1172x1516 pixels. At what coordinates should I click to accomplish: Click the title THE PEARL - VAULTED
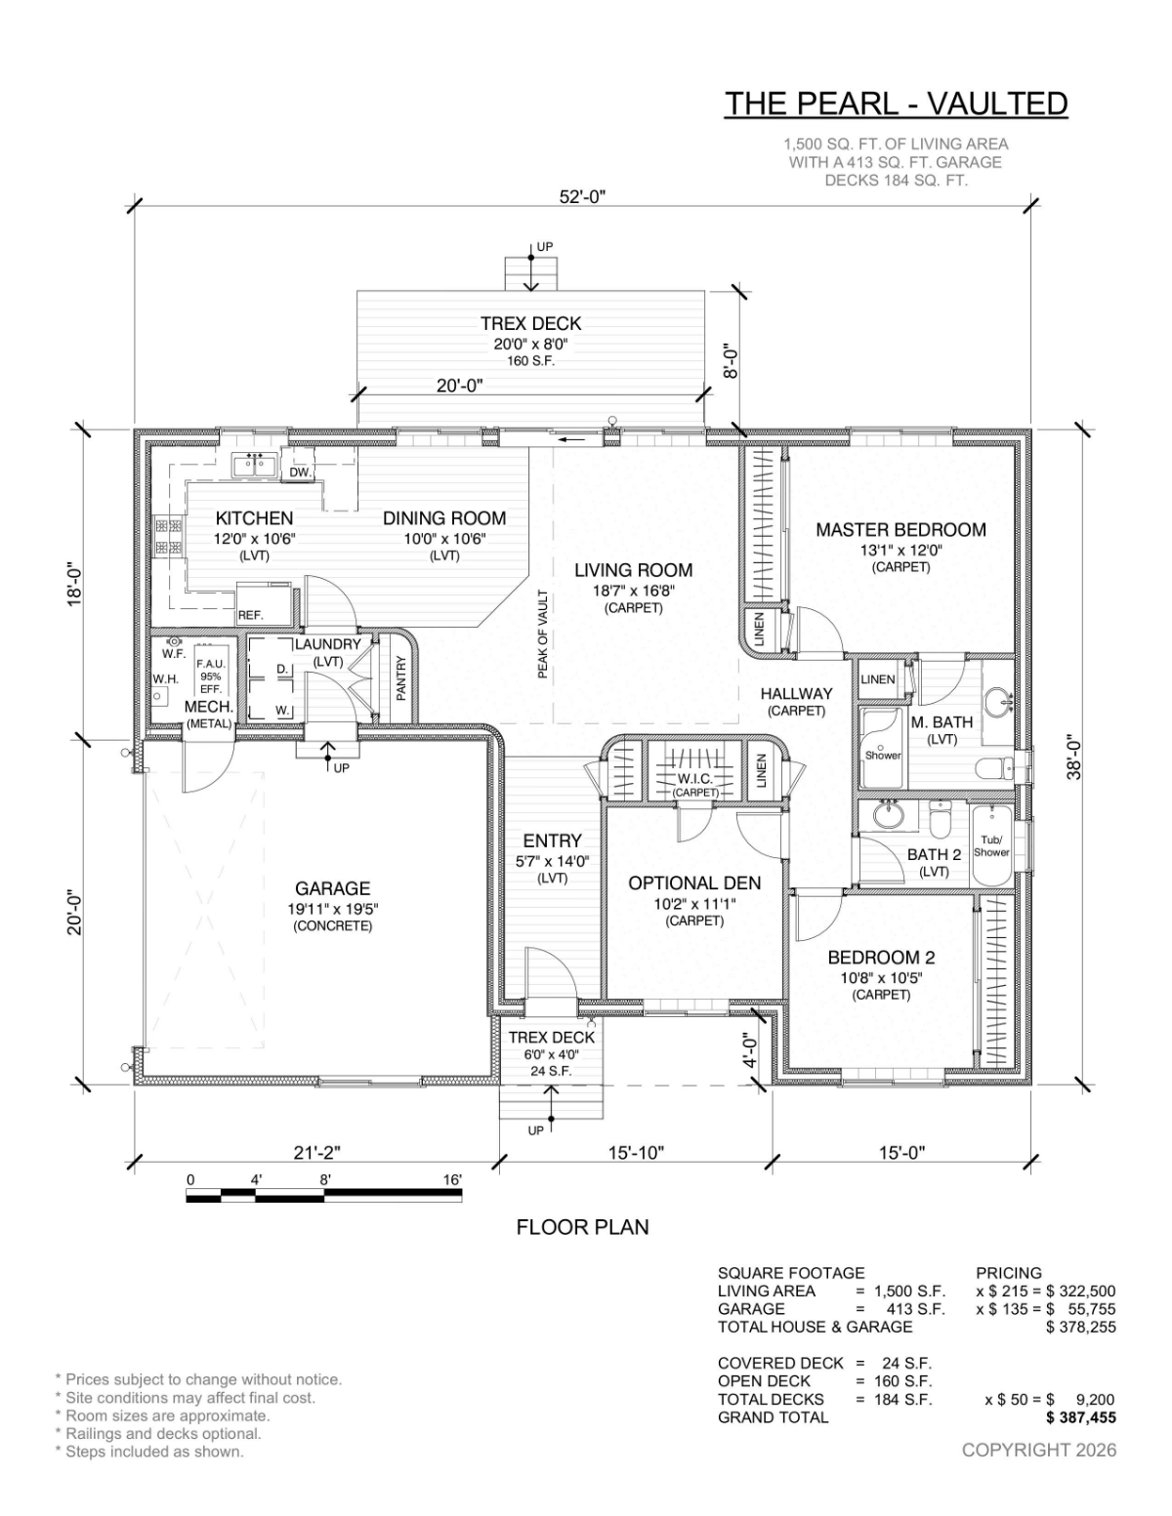[895, 103]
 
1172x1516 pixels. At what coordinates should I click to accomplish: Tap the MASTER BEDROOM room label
[900, 530]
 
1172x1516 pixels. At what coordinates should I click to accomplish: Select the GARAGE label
[332, 888]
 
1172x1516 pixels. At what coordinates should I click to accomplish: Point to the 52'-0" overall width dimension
[583, 197]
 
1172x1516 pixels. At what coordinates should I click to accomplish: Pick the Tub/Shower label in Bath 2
[991, 845]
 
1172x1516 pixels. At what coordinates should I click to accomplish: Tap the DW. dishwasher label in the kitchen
[301, 473]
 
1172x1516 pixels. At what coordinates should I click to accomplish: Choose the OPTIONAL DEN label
[694, 883]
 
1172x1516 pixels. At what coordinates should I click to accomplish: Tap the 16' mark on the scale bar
[451, 1179]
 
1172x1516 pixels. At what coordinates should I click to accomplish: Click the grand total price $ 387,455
[1080, 1417]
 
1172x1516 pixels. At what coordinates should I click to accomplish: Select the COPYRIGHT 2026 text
[1038, 1450]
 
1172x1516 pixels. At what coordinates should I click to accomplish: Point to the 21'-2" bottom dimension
[317, 1153]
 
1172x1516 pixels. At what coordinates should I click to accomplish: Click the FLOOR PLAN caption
[582, 1227]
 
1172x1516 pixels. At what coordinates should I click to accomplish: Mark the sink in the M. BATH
[997, 701]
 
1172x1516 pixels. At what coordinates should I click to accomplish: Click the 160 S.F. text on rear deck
[530, 361]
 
